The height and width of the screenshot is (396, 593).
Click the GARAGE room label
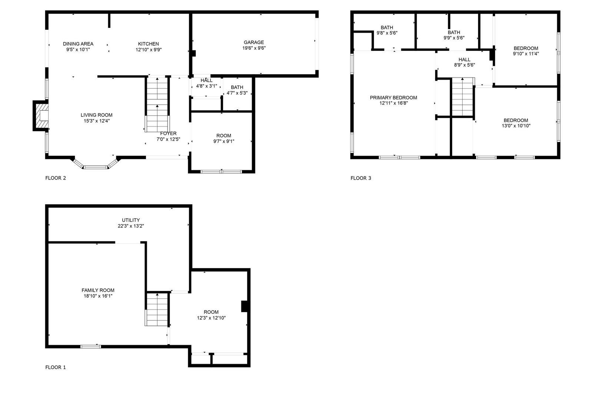click(254, 42)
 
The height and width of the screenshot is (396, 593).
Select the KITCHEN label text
click(149, 44)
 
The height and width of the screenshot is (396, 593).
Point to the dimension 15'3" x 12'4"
click(96, 121)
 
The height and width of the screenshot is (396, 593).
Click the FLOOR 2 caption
click(56, 178)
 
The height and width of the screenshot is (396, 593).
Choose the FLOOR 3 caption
click(361, 178)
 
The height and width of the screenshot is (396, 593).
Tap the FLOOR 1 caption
click(56, 367)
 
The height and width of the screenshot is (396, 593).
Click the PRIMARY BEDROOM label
click(393, 98)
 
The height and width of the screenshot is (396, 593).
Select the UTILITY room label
click(131, 220)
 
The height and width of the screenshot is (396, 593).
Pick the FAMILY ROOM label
click(98, 290)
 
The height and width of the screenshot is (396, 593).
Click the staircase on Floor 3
click(463, 97)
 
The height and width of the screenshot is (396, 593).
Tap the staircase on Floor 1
click(157, 309)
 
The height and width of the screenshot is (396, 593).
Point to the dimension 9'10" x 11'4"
click(526, 53)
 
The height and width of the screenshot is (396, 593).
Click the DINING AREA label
click(78, 44)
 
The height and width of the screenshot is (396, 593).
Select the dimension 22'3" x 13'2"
click(131, 226)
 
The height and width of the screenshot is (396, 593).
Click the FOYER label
click(168, 133)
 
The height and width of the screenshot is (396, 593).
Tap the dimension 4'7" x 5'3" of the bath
click(237, 93)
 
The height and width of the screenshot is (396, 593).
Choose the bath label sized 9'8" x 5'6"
click(387, 27)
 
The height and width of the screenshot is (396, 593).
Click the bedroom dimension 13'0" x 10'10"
click(516, 126)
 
